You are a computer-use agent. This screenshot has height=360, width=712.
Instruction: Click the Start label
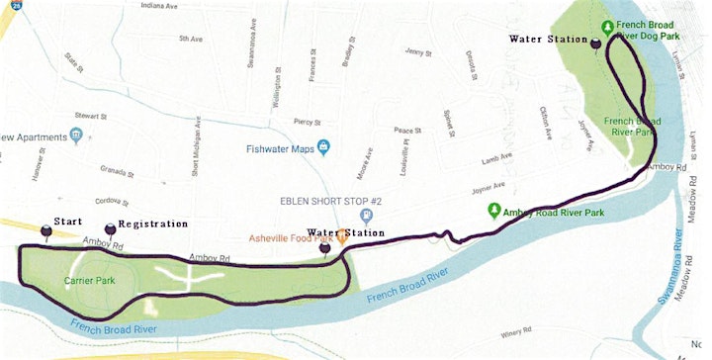(x=67, y=222)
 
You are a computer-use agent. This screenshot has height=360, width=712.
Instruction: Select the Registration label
(x=153, y=225)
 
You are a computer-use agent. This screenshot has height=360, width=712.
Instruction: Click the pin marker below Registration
(x=110, y=231)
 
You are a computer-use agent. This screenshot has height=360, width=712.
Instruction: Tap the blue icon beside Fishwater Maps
(x=323, y=148)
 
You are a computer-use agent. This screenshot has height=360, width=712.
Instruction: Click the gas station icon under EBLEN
(x=367, y=213)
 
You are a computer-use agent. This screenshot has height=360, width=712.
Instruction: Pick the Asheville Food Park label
(x=293, y=237)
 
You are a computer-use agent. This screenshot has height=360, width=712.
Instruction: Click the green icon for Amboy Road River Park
(x=492, y=211)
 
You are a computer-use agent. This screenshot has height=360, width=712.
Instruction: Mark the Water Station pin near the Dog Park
(x=595, y=45)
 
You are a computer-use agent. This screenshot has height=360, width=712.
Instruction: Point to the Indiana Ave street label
(x=160, y=6)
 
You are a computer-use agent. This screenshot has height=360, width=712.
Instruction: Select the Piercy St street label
(x=308, y=122)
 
